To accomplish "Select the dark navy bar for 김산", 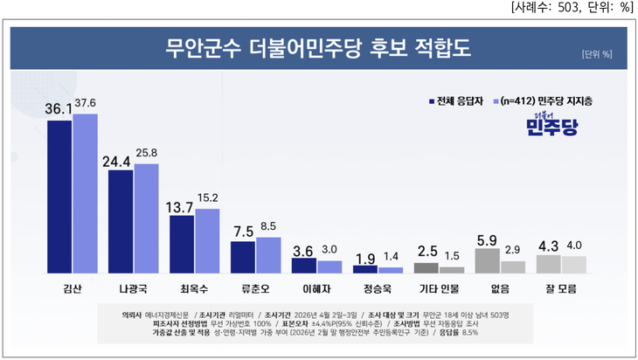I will pyautogui.click(x=59, y=197).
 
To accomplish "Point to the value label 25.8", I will pyautogui.click(x=146, y=154).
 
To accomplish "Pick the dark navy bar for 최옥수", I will pyautogui.click(x=182, y=244).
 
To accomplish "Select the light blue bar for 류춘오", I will pyautogui.click(x=268, y=255).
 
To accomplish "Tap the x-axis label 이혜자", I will pyautogui.click(x=316, y=286).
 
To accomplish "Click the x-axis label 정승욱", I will pyautogui.click(x=378, y=286).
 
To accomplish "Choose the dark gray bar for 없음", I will pyautogui.click(x=487, y=260).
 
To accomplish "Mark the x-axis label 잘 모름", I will pyautogui.click(x=561, y=286).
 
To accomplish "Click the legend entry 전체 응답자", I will pyautogui.click(x=457, y=100).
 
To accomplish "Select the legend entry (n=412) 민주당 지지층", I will pyautogui.click(x=545, y=100).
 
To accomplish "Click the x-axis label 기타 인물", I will pyautogui.click(x=439, y=286).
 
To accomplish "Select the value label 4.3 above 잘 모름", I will pyautogui.click(x=548, y=245).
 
